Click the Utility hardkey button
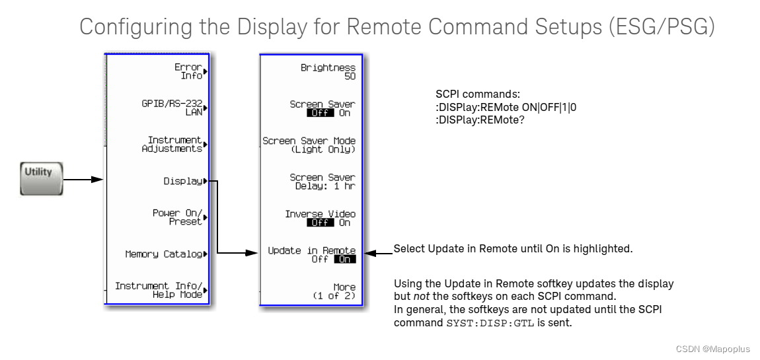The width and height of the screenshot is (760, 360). point(41,178)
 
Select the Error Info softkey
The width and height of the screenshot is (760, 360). point(188,71)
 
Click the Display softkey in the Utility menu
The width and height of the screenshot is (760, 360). point(183,181)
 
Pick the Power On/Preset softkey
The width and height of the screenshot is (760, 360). point(176,217)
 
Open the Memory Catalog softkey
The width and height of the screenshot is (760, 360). point(164,254)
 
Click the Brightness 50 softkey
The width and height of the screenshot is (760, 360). point(328,71)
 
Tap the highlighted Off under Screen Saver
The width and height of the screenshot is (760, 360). point(321,113)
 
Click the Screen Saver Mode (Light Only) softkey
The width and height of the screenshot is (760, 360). point(309,145)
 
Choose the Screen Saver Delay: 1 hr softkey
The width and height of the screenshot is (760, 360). point(322,181)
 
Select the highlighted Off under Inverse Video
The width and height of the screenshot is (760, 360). point(321,223)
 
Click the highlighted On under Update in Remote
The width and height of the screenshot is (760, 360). point(344,260)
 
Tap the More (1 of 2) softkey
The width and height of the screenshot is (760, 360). point(334,291)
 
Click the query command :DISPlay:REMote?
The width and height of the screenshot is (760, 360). point(480,120)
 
